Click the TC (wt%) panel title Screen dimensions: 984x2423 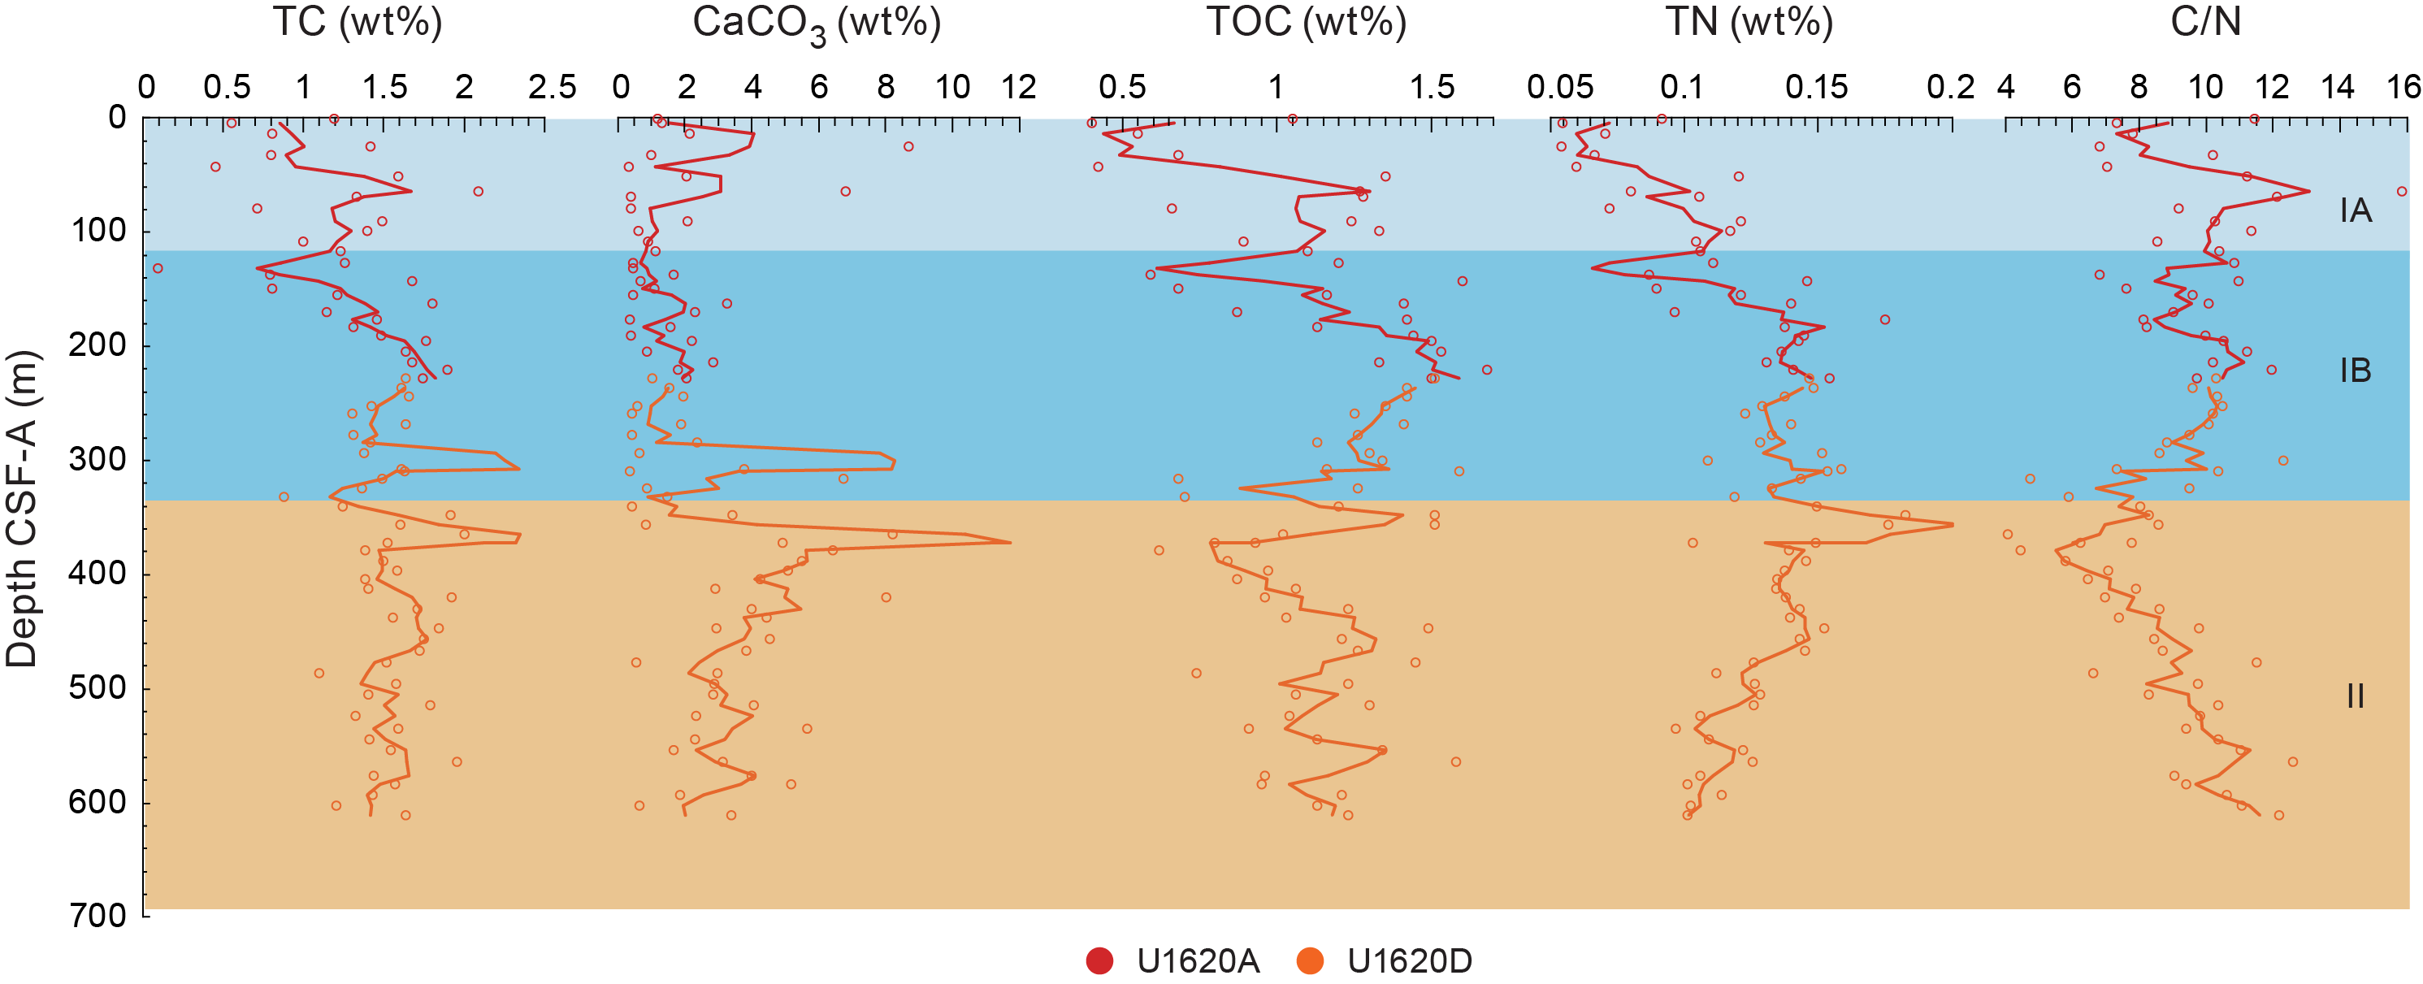click(x=357, y=22)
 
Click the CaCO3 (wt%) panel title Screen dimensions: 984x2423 click(x=817, y=24)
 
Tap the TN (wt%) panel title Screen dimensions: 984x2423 click(x=1749, y=22)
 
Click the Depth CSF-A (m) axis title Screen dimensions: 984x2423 click(x=23, y=509)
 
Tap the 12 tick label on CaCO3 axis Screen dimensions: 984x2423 click(x=1019, y=88)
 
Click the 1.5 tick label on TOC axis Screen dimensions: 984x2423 click(x=1432, y=88)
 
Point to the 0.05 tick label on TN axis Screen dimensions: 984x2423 click(x=1560, y=88)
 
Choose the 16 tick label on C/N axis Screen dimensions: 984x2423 click(x=2403, y=88)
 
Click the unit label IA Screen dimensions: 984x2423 click(x=2356, y=210)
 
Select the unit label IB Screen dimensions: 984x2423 click(x=2356, y=371)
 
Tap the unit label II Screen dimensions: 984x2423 click(x=2356, y=696)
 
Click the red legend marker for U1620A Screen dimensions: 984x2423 click(x=1099, y=960)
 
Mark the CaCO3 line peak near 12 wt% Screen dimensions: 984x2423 click(x=1010, y=543)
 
